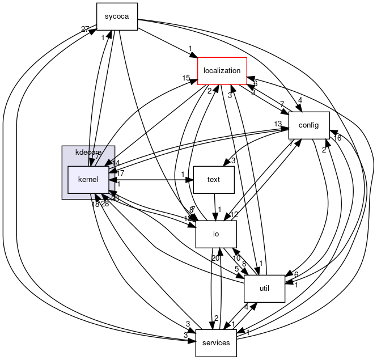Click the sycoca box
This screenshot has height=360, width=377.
tap(117, 16)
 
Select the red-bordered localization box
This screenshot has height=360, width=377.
tap(222, 71)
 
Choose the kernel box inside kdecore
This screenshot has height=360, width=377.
tap(88, 180)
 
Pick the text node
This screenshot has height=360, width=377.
tap(214, 180)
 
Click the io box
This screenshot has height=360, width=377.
tap(215, 234)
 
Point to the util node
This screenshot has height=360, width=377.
tap(264, 289)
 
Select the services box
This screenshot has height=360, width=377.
tap(216, 342)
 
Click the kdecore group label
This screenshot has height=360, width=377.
tap(88, 153)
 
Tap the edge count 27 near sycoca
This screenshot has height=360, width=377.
tap(85, 29)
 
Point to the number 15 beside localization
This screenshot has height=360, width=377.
tap(186, 78)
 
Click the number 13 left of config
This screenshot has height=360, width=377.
tap(277, 124)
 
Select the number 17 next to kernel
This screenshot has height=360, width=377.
tap(120, 173)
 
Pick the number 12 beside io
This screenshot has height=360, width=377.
tap(234, 214)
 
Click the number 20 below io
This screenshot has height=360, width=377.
tap(215, 259)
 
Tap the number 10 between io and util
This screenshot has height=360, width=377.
tap(237, 259)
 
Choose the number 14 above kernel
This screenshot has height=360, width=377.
tap(116, 163)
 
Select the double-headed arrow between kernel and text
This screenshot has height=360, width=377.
tap(151, 180)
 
